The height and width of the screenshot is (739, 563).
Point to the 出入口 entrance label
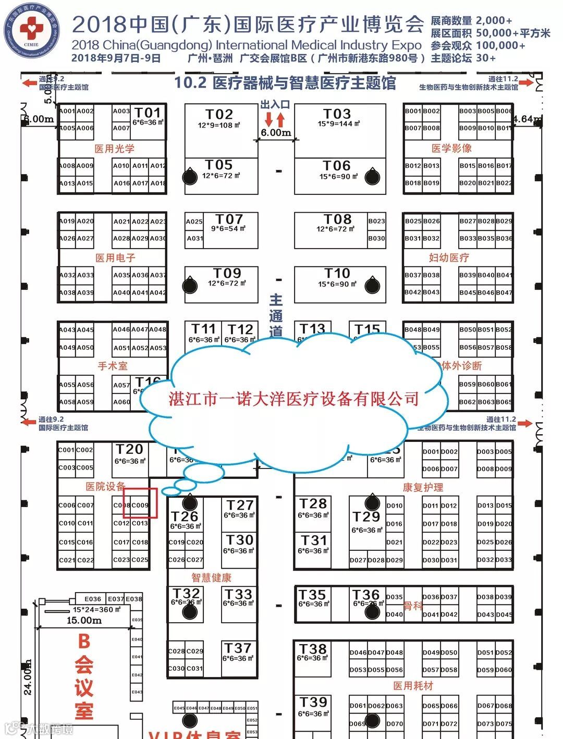pyautogui.click(x=275, y=105)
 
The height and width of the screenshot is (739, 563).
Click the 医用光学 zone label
pyautogui.click(x=114, y=149)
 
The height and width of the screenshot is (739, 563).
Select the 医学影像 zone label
pyautogui.click(x=451, y=149)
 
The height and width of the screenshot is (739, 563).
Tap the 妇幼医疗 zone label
pyautogui.click(x=449, y=257)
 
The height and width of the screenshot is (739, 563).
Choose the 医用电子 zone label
pyautogui.click(x=115, y=258)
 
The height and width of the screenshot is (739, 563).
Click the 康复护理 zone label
pyautogui.click(x=423, y=487)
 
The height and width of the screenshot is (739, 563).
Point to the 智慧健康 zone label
pyautogui.click(x=211, y=577)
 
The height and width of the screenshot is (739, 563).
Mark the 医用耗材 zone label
pyautogui.click(x=413, y=686)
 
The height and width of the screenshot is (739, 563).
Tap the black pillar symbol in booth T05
pyautogui.click(x=190, y=177)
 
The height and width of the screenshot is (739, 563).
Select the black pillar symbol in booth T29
pyautogui.click(x=372, y=502)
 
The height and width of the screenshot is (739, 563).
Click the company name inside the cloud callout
pyautogui.click(x=293, y=399)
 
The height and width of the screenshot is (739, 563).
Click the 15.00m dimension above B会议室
pyautogui.click(x=84, y=621)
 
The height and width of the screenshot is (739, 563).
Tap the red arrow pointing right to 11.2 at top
pyautogui.click(x=526, y=82)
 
